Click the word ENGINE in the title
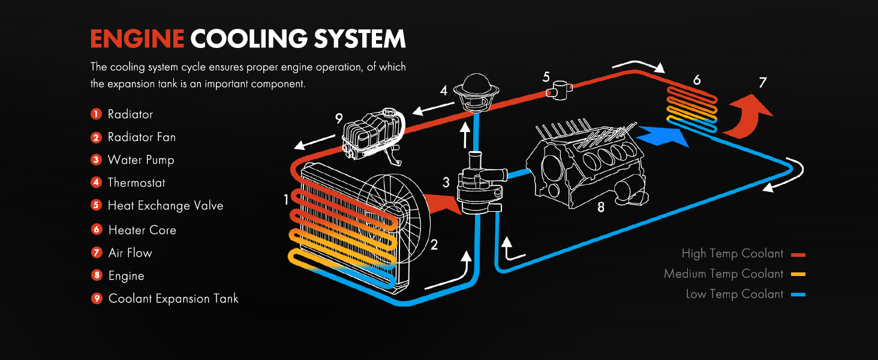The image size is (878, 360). (137, 39)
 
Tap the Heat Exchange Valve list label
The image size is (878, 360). (165, 206)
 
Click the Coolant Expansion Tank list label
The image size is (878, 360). (173, 298)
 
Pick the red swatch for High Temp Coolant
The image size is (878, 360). (798, 254)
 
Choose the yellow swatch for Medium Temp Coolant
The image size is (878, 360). (798, 275)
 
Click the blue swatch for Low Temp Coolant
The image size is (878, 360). (798, 295)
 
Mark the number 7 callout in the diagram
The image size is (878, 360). (762, 83)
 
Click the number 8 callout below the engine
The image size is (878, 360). (601, 208)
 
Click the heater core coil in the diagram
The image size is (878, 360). (691, 104)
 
